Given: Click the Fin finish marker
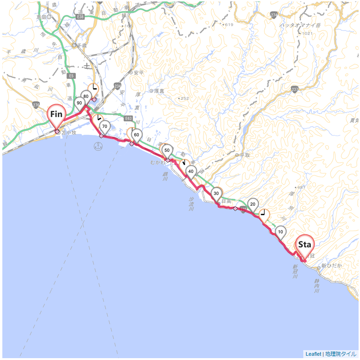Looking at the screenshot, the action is point(56,114).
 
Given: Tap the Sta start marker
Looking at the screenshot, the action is point(305,245).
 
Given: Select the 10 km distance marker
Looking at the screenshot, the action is point(280,232).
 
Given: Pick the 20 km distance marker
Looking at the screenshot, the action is point(253,204).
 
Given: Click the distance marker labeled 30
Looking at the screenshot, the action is point(216,193).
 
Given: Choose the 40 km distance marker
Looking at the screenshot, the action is point(191,172).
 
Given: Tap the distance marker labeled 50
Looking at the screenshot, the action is point(167,150).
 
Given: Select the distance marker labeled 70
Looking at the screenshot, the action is point(105,126).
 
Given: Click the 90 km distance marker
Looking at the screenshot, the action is point(79,103).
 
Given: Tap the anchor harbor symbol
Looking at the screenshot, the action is point(98,147).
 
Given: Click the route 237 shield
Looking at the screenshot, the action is point(294,89).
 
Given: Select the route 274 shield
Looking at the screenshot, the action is point(274,15).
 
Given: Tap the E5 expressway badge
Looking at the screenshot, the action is point(71,75).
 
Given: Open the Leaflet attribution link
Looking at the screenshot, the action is point(313,354).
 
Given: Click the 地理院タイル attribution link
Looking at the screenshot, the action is point(341,354).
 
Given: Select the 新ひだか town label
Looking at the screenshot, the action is point(333,266).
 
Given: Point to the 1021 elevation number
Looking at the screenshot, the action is point(307,33).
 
